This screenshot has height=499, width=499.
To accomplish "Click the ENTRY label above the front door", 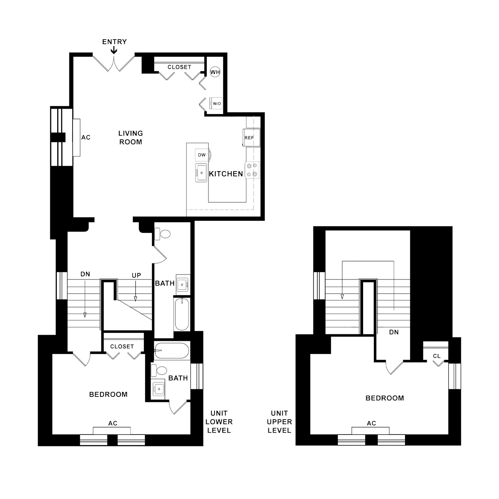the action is pos(114,42).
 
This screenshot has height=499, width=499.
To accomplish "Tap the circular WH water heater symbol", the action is pos(215,72).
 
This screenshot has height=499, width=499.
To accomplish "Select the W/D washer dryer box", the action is pos(216,103).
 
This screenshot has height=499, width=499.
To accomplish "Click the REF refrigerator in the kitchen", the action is pos(251,137).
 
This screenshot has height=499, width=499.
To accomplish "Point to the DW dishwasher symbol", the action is pos(202,155).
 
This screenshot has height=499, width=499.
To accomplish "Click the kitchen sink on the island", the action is pos(201,173).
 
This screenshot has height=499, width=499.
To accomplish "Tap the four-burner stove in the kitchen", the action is pos(252,170).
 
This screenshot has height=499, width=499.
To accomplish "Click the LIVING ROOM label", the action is pos(131,137).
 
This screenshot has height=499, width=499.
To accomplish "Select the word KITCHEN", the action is pos(226,174).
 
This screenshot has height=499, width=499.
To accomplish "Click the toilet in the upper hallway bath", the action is pos(162,234).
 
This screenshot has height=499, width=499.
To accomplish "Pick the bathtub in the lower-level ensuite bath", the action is pos(172,351).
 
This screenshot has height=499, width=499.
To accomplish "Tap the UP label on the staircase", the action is pos(136,276).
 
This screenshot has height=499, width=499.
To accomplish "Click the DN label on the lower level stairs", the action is pos(85,274).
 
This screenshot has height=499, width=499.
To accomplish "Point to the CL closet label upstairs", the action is pos(436,356).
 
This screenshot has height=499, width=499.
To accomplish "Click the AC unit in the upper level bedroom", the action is pos(370,431).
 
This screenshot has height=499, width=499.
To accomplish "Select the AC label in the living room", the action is pos(86,137).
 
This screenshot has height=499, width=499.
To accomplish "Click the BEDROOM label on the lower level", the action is pos(108,394).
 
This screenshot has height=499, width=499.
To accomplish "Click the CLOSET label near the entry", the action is pos(179,67).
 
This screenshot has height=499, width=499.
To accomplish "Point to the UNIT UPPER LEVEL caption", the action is pos(279,422).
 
